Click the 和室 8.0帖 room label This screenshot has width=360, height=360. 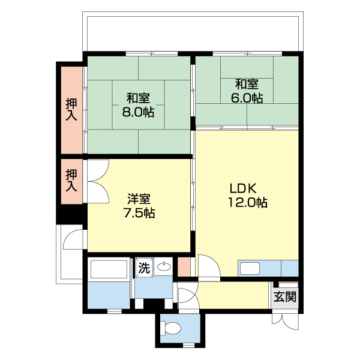pos(139,104)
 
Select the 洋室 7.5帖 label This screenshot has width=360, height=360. pos(139,205)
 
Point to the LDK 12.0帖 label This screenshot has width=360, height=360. pos(247,194)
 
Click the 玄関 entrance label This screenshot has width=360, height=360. pos(285,296)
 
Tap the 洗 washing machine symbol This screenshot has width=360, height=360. pos(144,268)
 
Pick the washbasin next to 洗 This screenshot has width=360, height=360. pos(164,268)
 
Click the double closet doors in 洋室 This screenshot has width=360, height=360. pos(97,181)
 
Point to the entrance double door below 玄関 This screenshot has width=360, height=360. pos(284,319)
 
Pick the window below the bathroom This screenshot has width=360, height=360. pos(112,310)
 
